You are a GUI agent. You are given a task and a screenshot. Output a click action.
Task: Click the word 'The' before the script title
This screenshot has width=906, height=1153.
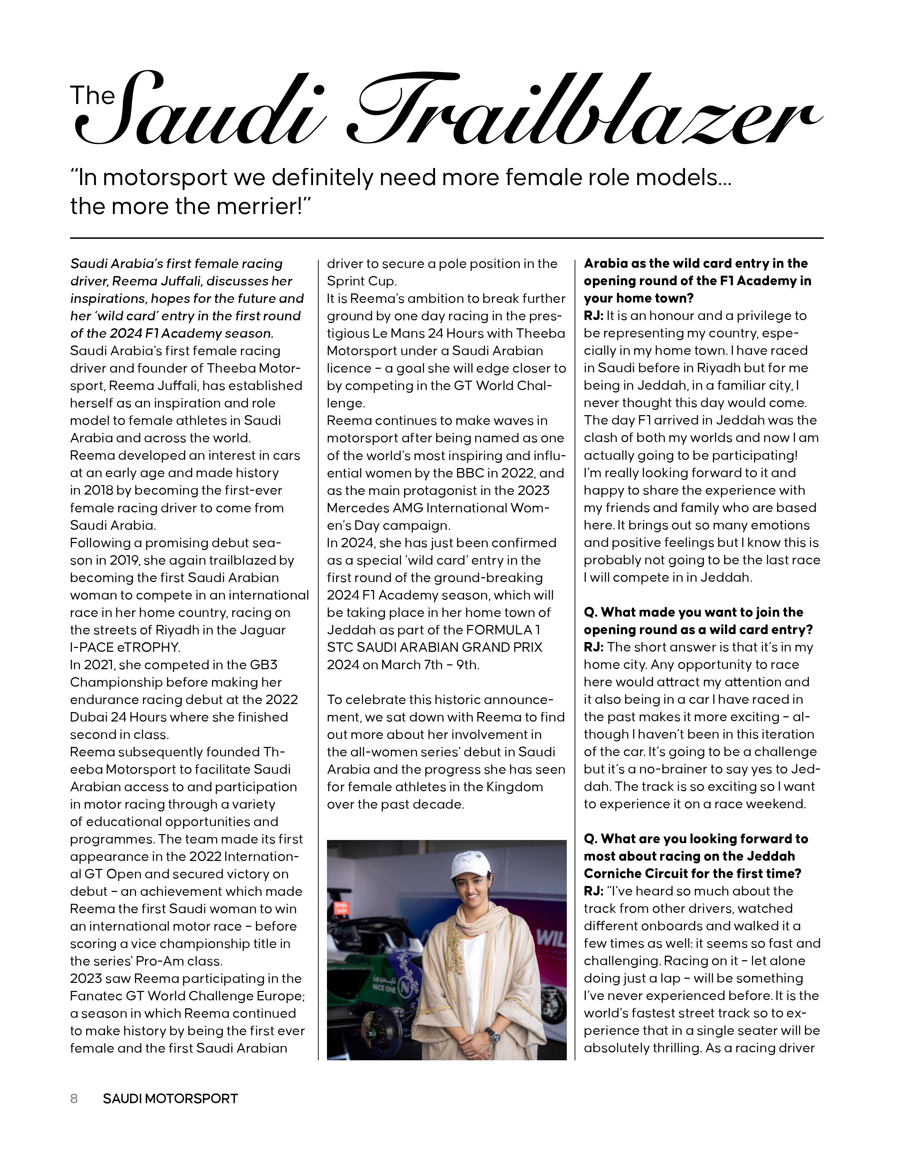pos(92,96)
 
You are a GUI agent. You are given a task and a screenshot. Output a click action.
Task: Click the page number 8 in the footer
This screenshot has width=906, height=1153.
pos(74,1098)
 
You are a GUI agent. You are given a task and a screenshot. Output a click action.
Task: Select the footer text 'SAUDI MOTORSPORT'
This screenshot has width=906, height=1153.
pos(170,1098)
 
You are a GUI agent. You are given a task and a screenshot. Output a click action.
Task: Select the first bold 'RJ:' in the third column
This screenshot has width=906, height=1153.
pos(593,315)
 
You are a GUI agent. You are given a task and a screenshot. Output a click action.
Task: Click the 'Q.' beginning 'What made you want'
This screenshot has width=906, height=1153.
pos(591,612)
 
